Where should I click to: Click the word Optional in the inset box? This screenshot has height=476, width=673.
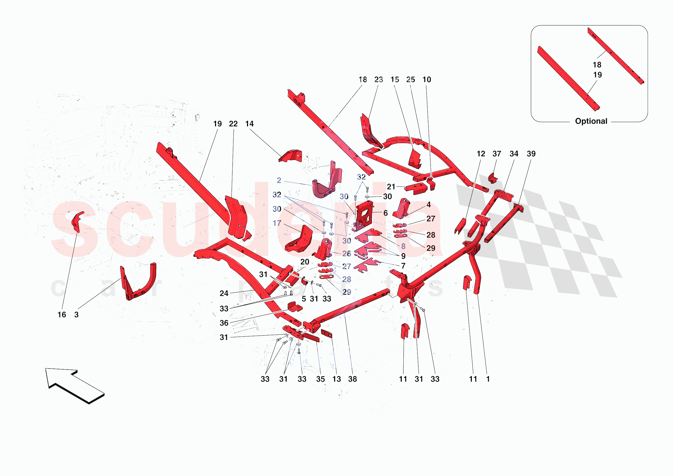tap(591, 121)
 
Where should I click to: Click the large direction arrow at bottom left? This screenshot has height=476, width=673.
tap(75, 385)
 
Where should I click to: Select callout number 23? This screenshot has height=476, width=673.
tap(379, 79)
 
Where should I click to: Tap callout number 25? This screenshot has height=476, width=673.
tap(411, 79)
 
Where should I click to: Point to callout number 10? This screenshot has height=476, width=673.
tap(427, 79)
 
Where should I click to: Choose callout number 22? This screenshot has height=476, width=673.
tap(233, 124)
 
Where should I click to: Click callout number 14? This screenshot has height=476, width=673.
tap(249, 124)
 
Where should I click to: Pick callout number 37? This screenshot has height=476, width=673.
tap(497, 154)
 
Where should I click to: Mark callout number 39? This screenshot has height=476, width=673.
tap(531, 154)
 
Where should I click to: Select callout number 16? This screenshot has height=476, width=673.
tap(62, 315)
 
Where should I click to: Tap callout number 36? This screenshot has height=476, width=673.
tap(224, 323)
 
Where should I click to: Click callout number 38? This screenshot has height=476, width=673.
tap(353, 379)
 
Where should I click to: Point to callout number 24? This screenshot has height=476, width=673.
tap(224, 293)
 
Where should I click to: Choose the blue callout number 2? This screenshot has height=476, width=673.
tap(279, 180)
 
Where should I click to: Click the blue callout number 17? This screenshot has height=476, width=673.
tap(277, 223)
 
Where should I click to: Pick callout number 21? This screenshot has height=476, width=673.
tap(391, 187)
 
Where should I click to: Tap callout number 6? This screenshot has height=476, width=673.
tap(386, 213)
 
